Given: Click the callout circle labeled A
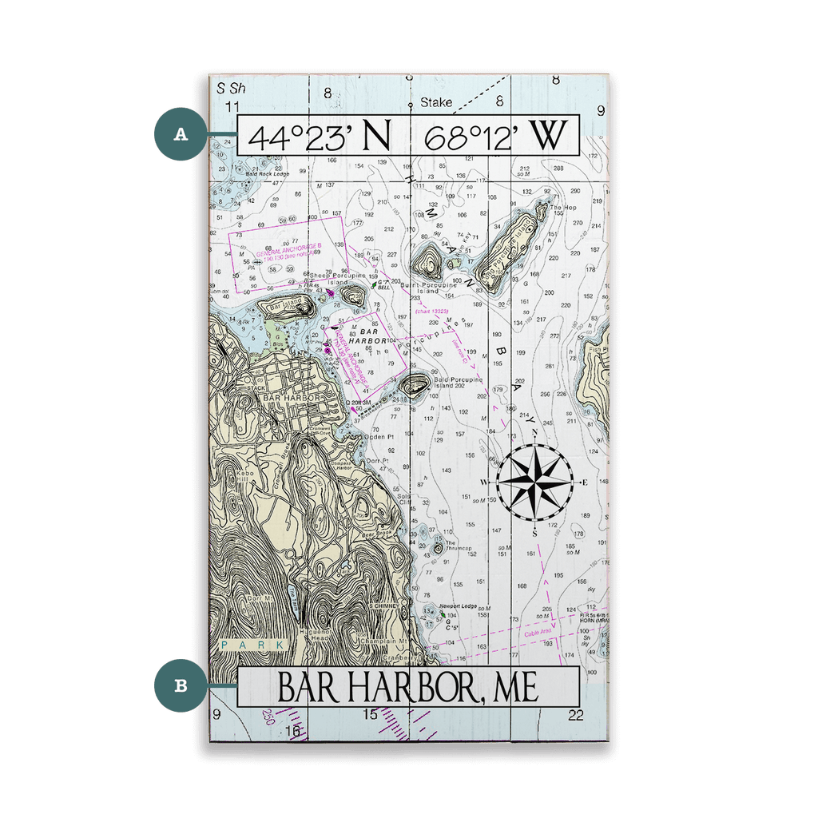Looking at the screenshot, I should tap(181, 133).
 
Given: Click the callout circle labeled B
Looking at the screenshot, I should tap(181, 685).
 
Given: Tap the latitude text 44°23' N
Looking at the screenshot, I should tap(320, 136).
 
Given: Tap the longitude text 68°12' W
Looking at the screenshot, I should tap(494, 136).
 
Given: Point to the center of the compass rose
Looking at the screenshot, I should tap(534, 482).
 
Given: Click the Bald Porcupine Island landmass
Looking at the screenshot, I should tap(415, 386).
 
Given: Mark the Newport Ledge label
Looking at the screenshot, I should tap(458, 607).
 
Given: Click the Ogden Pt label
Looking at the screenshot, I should tap(375, 437).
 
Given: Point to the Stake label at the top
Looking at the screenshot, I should tap(437, 102).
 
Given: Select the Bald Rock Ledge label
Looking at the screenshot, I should tap(267, 173).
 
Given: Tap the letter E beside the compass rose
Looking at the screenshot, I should tap(584, 482).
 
